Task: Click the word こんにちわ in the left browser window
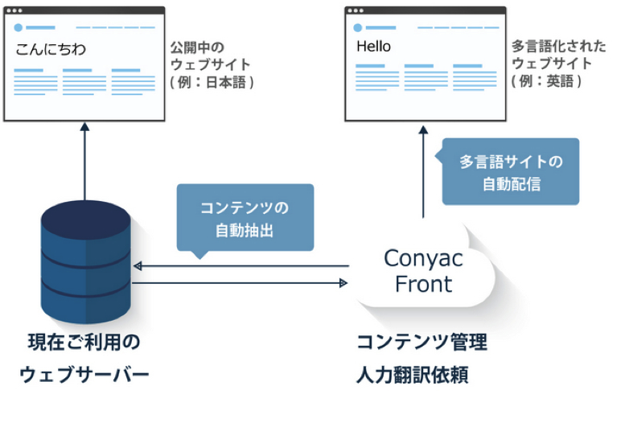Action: tap(50, 50)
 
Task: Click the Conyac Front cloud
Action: tap(423, 271)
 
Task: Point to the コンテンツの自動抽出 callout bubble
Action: tap(245, 218)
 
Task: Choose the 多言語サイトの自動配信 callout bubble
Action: tap(511, 172)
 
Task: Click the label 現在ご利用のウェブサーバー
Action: tap(84, 359)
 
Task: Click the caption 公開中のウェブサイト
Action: tap(211, 55)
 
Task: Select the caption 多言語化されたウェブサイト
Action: tap(552, 55)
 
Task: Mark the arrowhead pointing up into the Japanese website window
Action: tap(84, 128)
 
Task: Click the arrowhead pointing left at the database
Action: tap(138, 266)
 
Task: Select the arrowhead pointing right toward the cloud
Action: tap(343, 283)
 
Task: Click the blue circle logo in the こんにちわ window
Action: tap(18, 27)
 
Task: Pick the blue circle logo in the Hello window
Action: tap(360, 27)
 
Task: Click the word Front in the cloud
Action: tap(423, 284)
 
